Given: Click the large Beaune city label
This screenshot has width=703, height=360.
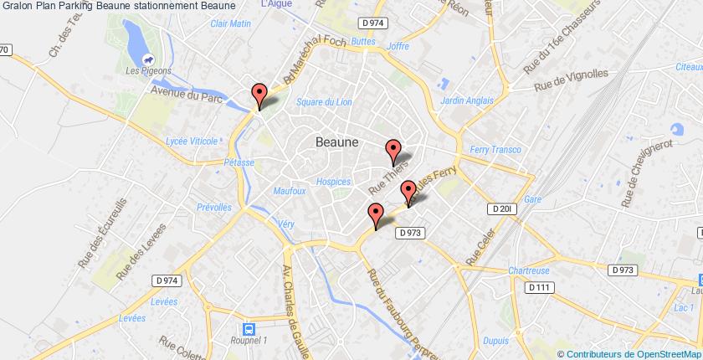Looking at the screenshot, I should point(337,142).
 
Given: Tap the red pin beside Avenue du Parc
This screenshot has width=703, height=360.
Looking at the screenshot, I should point(259,94).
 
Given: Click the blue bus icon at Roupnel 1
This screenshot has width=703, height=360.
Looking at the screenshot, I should point(248,307).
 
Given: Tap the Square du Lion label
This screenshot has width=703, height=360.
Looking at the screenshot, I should point(324,102).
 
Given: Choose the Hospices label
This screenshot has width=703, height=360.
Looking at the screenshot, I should point(333,181).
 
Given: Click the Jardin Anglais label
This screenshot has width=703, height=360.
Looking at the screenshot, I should point(464,100).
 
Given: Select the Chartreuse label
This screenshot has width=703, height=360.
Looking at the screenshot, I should point(528,270).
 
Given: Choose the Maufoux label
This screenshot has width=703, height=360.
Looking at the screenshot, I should point(289,191).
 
